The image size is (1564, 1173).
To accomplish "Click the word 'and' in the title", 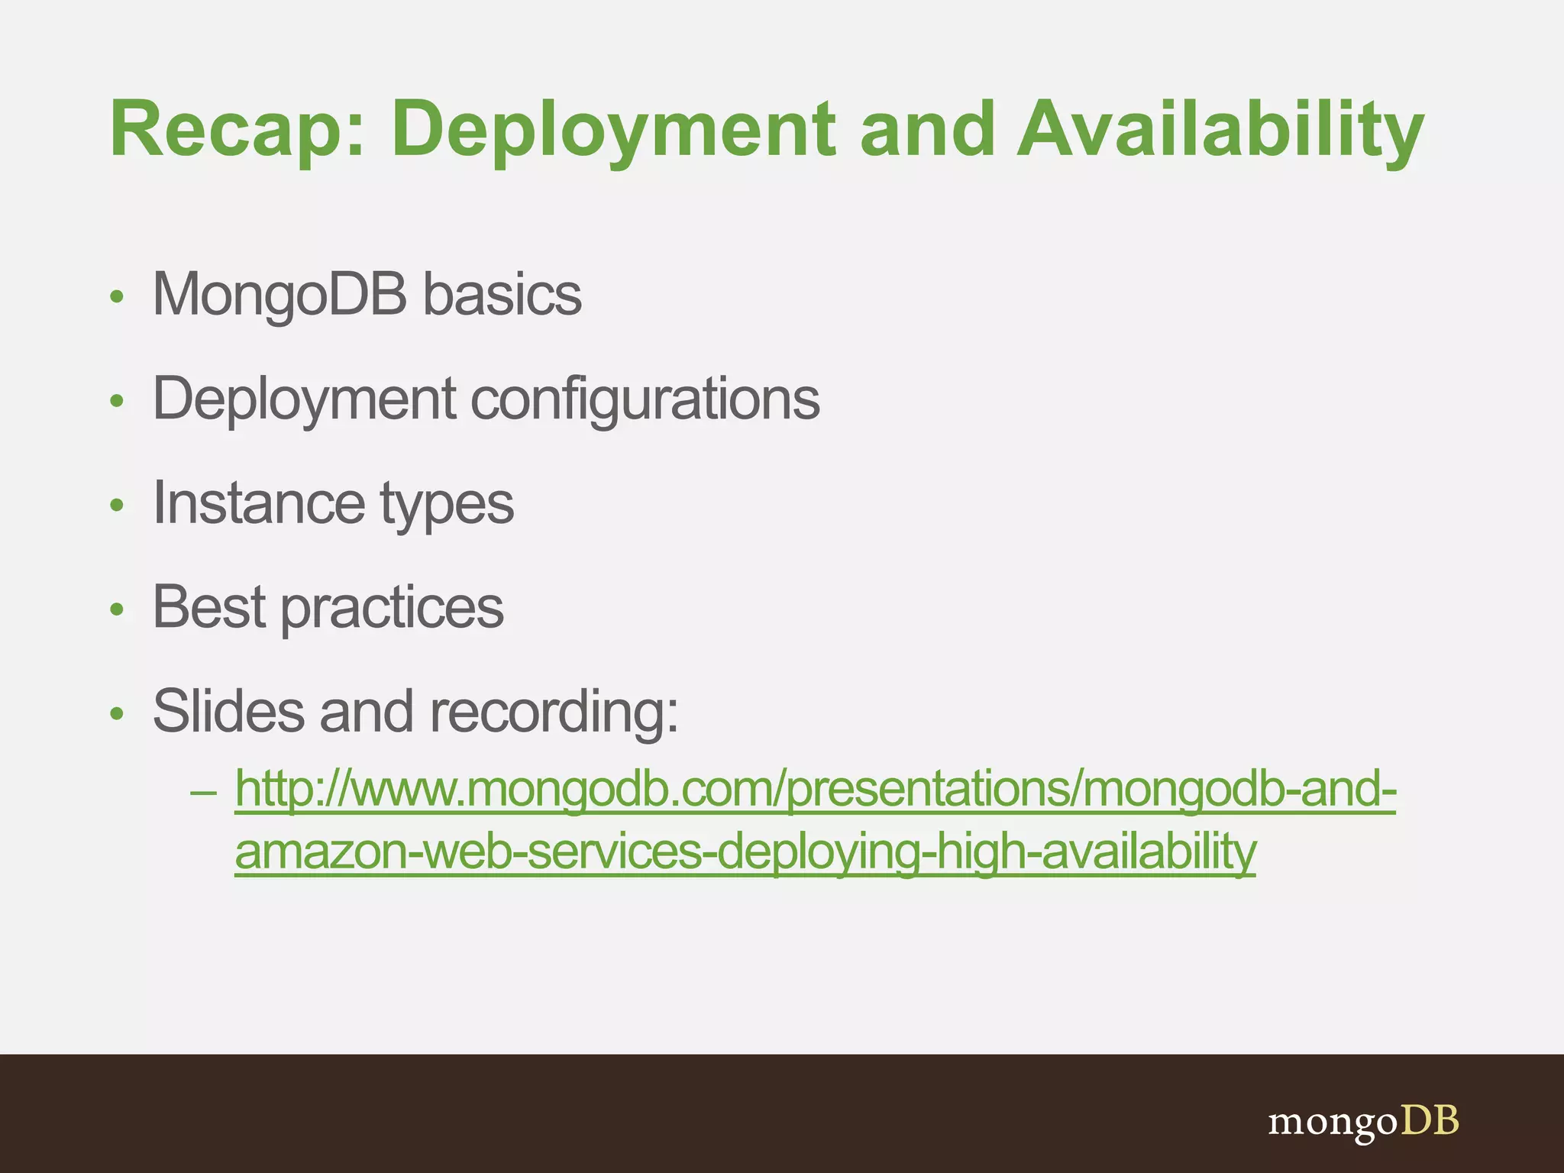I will pyautogui.click(x=927, y=130).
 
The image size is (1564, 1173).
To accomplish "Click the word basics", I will pyautogui.click(x=502, y=294).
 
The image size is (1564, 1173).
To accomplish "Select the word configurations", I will pyautogui.click(x=645, y=399).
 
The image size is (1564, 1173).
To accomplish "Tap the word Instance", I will pyautogui.click(x=259, y=503).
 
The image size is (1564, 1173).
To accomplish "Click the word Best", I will pyautogui.click(x=209, y=607).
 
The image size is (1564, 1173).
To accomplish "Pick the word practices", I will pyautogui.click(x=393, y=609).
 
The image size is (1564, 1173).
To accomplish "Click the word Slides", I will pyautogui.click(x=228, y=711).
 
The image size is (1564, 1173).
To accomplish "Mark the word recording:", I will pyautogui.click(x=554, y=713).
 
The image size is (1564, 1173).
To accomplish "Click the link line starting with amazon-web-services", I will pyautogui.click(x=745, y=852).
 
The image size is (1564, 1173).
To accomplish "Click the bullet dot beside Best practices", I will pyautogui.click(x=117, y=609).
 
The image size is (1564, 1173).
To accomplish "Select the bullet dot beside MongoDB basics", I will pyautogui.click(x=117, y=296).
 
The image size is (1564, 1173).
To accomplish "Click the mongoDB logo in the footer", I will pyautogui.click(x=1363, y=1122).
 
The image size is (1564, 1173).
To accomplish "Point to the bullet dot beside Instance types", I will pyautogui.click(x=117, y=505).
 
